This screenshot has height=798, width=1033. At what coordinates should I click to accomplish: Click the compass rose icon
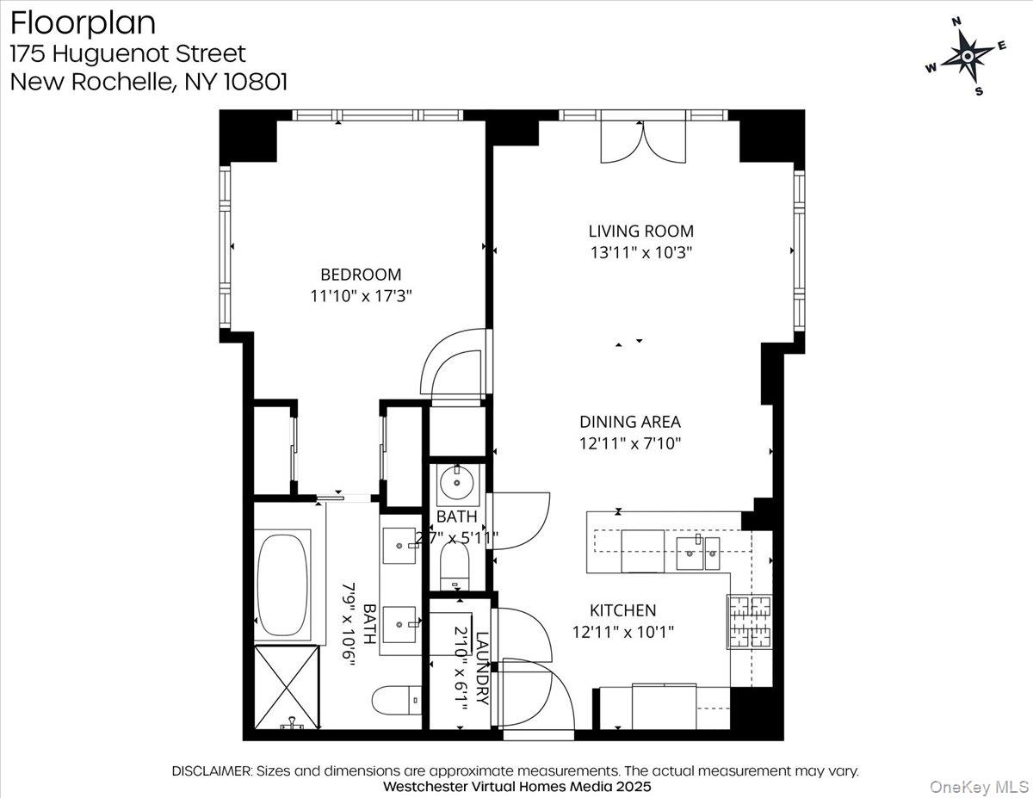[x=968, y=56]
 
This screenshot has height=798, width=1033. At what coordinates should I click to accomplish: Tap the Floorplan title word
[x=83, y=22]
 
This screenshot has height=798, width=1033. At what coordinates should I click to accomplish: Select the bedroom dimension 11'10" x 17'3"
[x=361, y=296]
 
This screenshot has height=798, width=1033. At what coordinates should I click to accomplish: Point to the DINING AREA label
[x=629, y=422]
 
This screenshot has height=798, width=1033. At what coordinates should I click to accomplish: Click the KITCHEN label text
[x=622, y=610]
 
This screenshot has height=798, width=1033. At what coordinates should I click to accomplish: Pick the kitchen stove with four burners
[x=750, y=622]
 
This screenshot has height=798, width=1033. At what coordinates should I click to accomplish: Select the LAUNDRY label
[x=481, y=669]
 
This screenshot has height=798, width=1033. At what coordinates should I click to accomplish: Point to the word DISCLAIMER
[x=212, y=771]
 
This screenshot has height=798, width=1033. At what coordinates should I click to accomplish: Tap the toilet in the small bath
[x=455, y=568]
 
